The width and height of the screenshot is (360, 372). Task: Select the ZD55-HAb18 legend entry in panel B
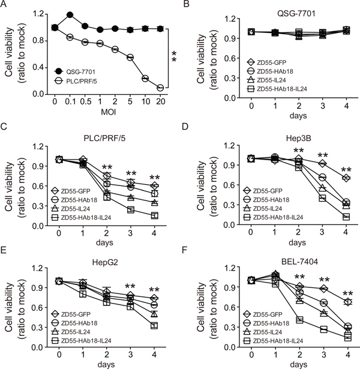257,71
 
